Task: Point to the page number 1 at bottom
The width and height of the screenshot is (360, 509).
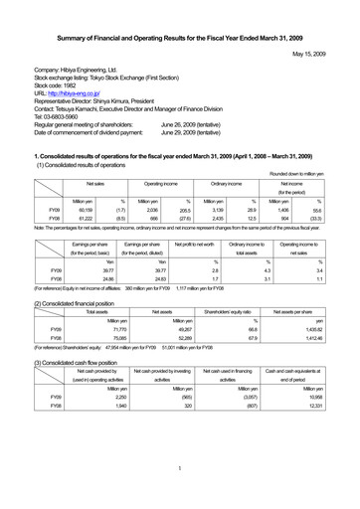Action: [x=180, y=468]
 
